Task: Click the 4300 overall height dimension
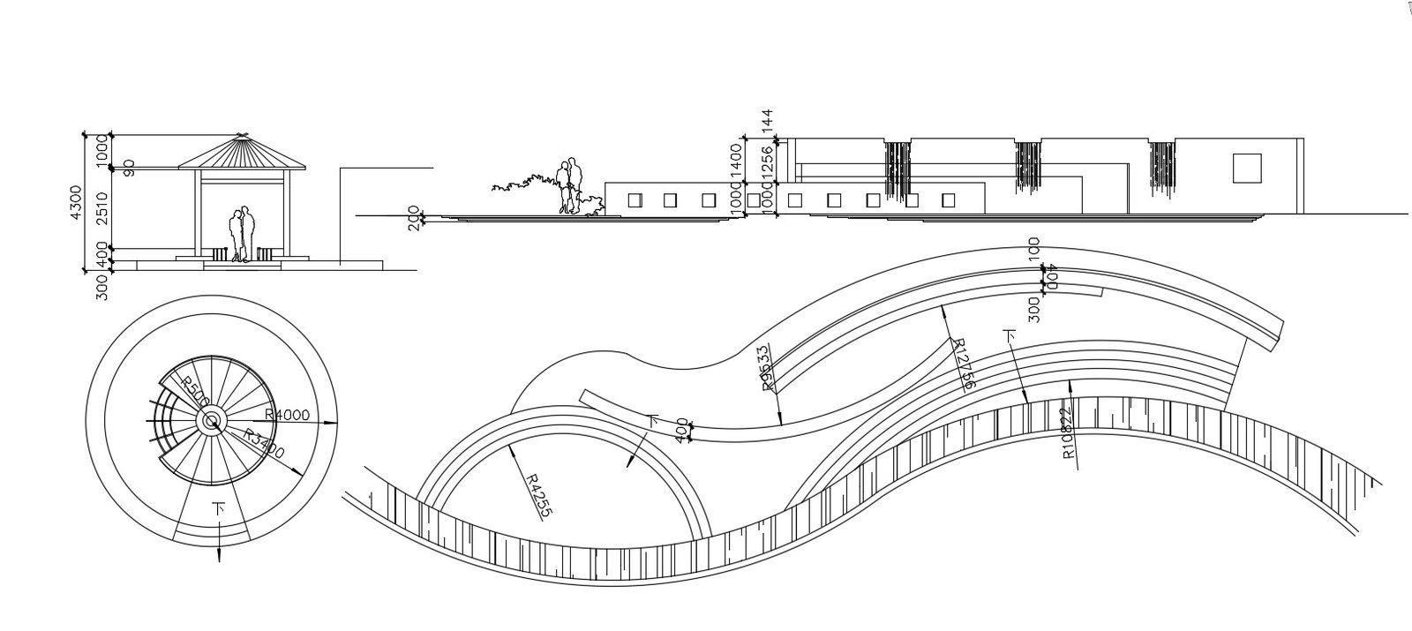[x=77, y=203]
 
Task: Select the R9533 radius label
[x=764, y=365]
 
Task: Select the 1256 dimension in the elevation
[x=767, y=162]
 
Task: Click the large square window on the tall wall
[x=1246, y=168]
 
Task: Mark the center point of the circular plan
[x=213, y=423]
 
